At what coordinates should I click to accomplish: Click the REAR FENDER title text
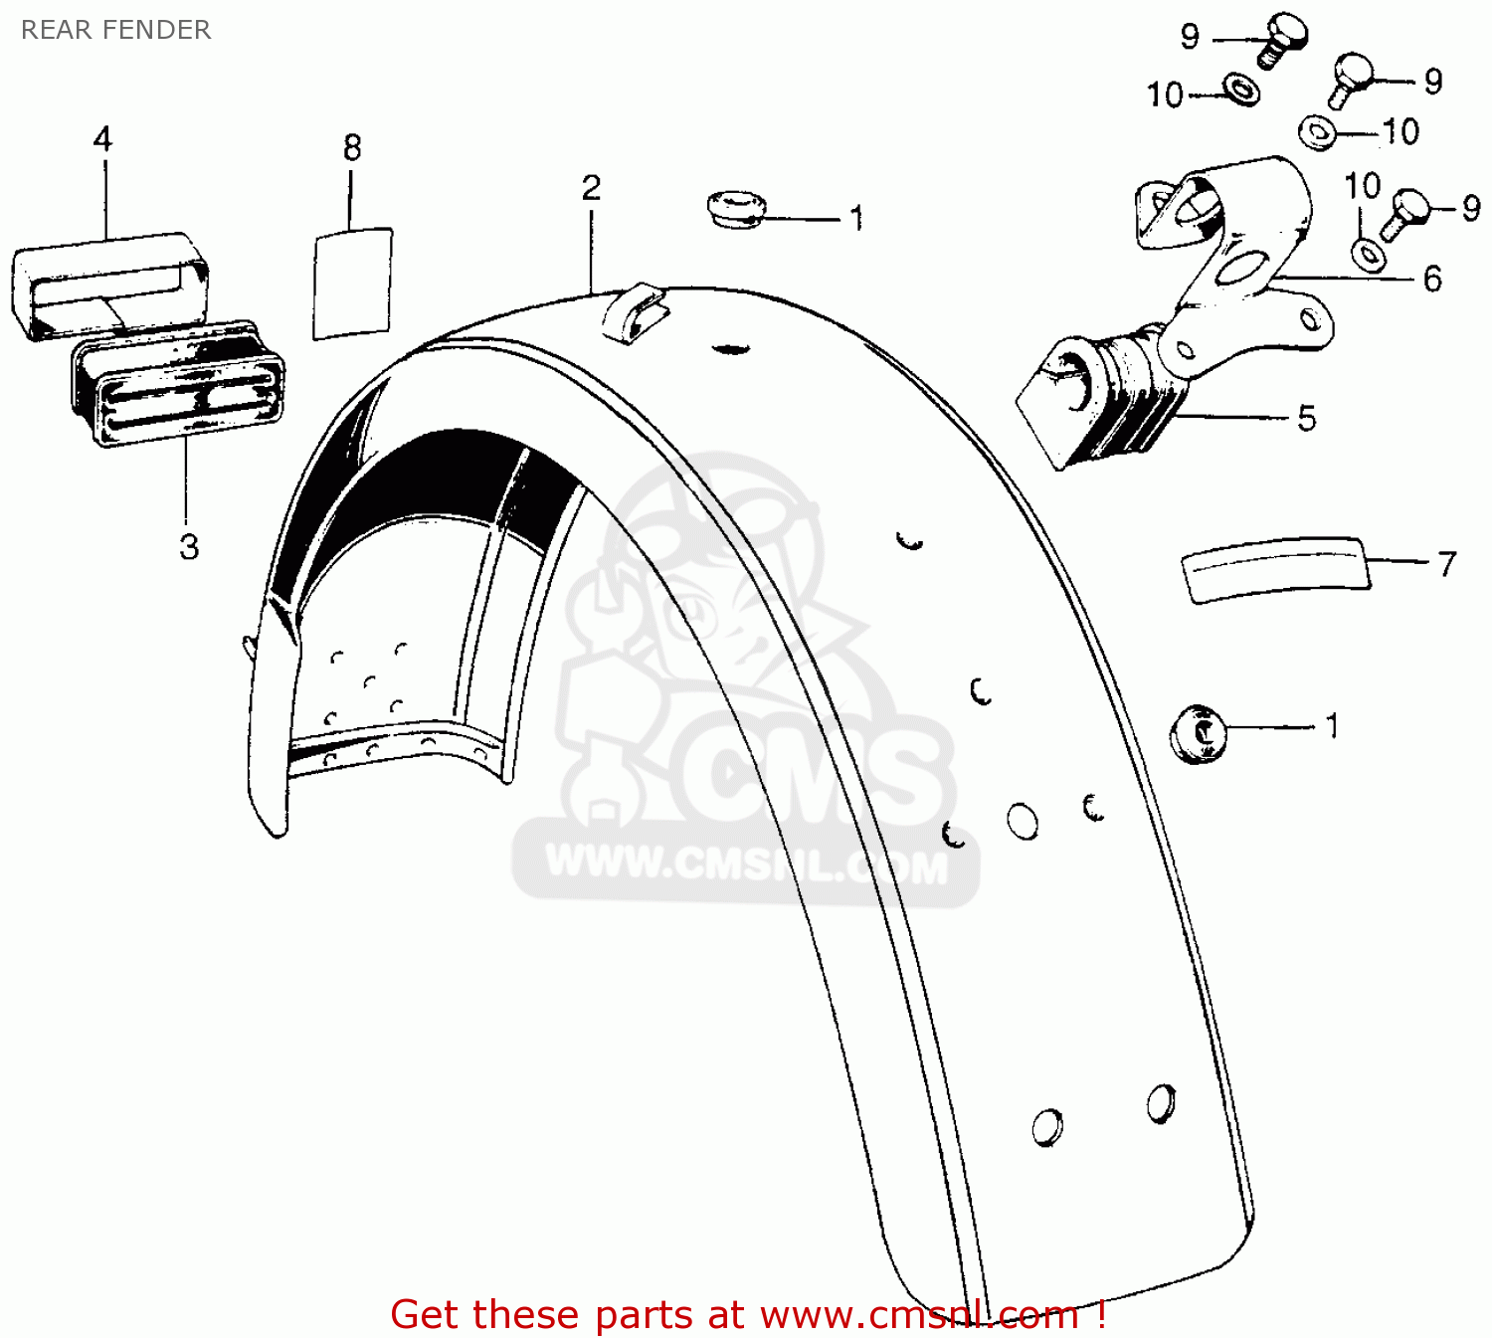115,30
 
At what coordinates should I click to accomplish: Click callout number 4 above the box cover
102,139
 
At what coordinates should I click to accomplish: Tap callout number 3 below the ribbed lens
189,546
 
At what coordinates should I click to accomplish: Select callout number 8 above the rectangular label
351,148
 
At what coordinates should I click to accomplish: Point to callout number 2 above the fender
591,188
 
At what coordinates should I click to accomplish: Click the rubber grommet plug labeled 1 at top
737,210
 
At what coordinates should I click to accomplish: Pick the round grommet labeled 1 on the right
1198,733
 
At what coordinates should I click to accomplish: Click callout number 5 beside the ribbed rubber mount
1306,419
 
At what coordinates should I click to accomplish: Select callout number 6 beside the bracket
1431,279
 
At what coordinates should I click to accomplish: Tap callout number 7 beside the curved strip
1446,564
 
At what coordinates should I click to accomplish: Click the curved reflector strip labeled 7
1274,569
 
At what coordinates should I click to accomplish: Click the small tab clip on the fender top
635,310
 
